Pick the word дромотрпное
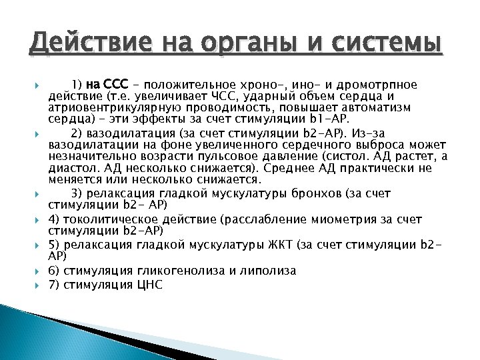coord(377,85)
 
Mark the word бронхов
coord(333,193)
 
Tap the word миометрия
coord(336,219)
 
